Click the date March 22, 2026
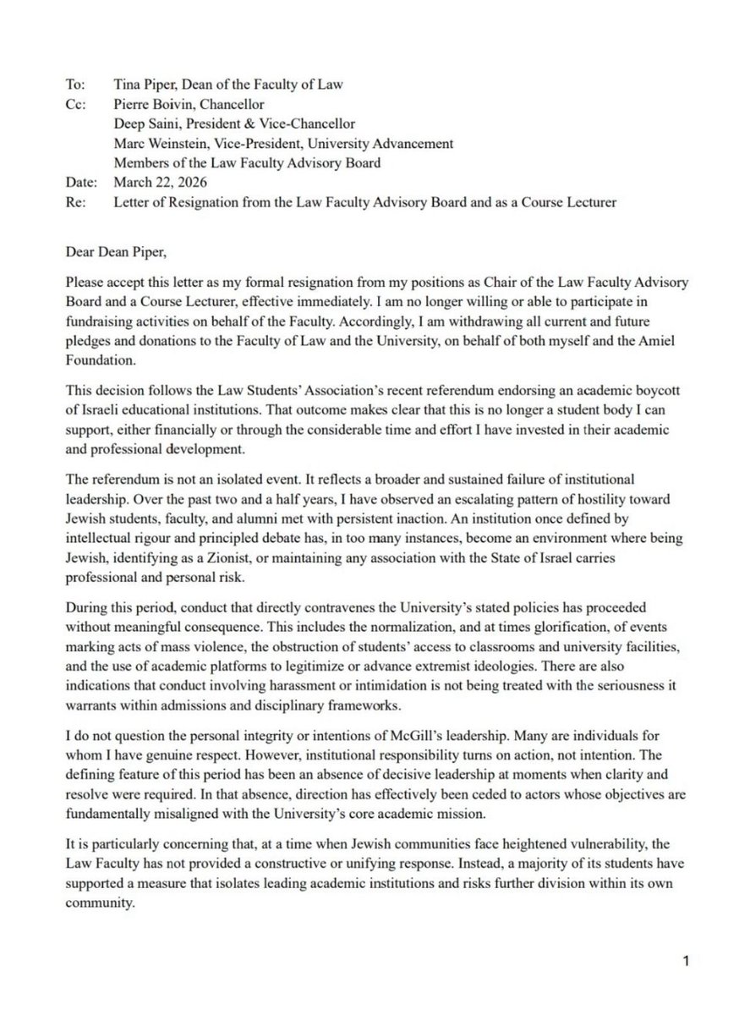coord(146,182)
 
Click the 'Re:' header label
coord(74,201)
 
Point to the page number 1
coord(687,961)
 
